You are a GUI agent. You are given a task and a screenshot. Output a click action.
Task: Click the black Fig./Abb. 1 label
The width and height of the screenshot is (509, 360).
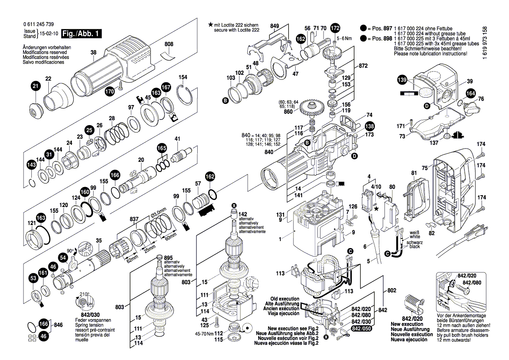(x=81, y=34)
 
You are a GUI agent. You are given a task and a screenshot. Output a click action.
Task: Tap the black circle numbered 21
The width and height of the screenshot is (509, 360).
(x=35, y=86)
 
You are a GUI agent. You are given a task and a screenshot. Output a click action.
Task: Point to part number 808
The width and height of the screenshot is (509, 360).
(x=169, y=44)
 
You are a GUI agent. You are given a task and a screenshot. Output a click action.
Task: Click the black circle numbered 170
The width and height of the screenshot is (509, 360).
(x=109, y=92)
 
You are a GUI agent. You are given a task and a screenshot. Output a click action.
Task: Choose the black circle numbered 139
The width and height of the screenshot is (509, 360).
(x=402, y=80)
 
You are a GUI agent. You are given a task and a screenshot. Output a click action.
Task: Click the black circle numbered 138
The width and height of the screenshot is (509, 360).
(x=369, y=126)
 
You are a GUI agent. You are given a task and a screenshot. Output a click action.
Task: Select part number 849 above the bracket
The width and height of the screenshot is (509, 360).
(x=274, y=26)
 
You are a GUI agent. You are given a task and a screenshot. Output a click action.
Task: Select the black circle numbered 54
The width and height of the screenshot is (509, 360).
(x=63, y=258)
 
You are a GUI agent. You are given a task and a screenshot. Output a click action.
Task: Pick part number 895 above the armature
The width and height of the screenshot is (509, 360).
(x=169, y=257)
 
